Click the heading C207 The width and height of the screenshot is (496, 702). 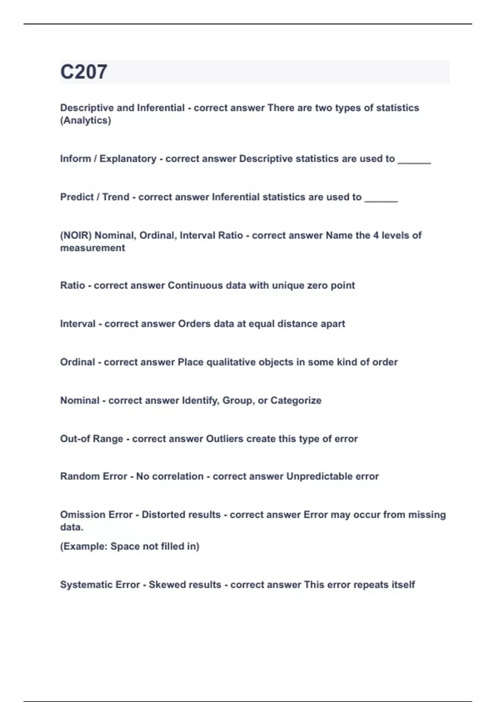83,72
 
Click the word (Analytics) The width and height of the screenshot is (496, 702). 86,121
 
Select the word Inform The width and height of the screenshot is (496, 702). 75,159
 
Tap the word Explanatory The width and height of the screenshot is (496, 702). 128,159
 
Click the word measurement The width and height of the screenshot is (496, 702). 93,248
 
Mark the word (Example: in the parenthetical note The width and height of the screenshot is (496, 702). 83,547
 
